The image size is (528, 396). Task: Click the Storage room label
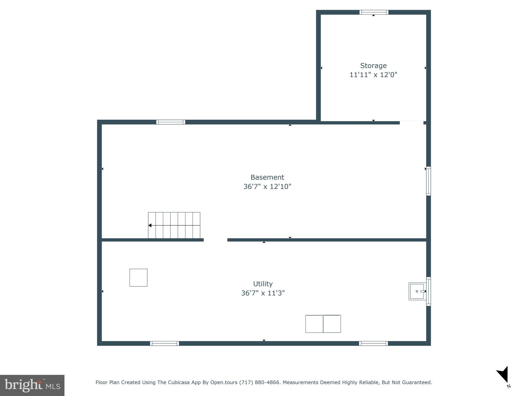(x=373, y=66)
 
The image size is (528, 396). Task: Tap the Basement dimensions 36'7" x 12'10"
(x=267, y=187)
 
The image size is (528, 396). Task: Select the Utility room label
(x=263, y=284)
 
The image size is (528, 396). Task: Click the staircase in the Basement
(x=174, y=225)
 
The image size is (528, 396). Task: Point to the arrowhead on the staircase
(x=150, y=226)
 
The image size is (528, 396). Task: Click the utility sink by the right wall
(x=417, y=291)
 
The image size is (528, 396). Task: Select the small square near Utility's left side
(x=138, y=278)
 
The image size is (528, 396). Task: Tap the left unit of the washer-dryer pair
(x=314, y=324)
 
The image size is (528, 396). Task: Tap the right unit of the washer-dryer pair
(x=332, y=324)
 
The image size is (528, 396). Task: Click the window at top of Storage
(x=374, y=12)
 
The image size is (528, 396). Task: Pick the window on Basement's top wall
(x=171, y=122)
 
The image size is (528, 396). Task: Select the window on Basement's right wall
(x=428, y=181)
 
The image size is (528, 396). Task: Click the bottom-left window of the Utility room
(x=164, y=343)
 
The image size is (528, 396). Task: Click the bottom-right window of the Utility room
(x=373, y=343)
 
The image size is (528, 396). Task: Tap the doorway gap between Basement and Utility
(x=216, y=240)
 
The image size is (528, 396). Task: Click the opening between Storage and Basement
(x=411, y=123)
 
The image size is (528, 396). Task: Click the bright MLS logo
(x=32, y=385)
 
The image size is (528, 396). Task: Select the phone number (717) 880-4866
(x=259, y=382)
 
